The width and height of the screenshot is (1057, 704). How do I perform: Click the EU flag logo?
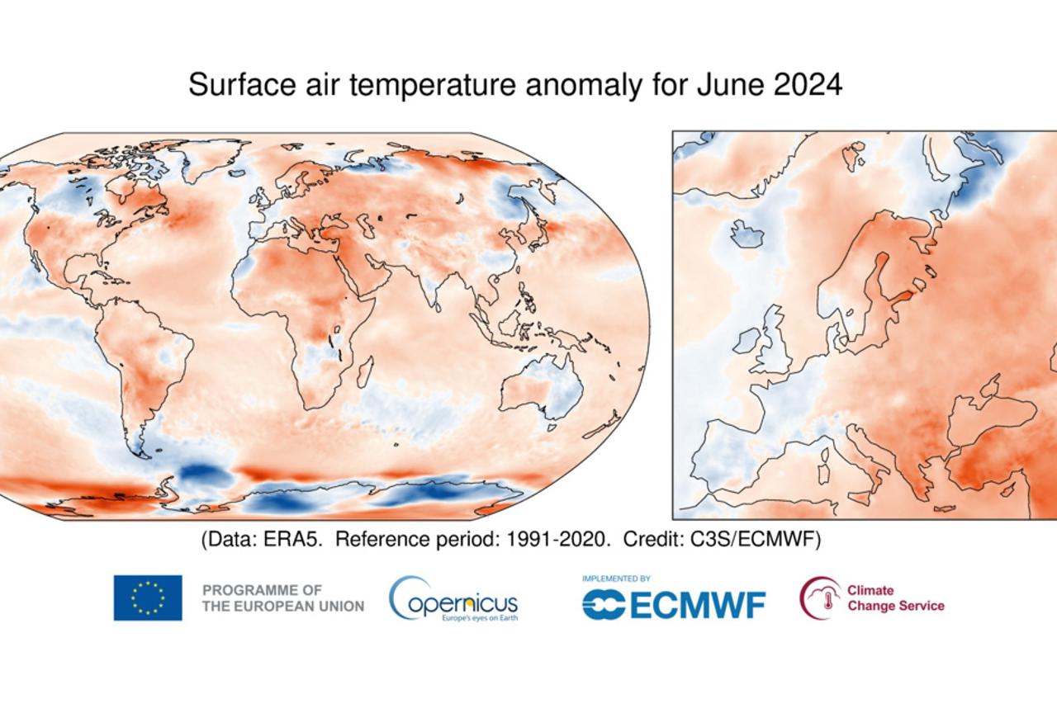point(148,598)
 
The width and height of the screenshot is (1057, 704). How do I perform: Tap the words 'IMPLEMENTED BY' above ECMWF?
point(616,579)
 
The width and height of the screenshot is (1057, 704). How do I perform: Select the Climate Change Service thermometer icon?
point(819,598)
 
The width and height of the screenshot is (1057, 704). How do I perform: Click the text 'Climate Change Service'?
point(895,598)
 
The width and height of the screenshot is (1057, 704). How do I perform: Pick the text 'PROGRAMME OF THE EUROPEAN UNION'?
point(282,598)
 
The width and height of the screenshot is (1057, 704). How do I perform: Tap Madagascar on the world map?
point(364,371)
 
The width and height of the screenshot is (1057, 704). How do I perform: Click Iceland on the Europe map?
point(748,234)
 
